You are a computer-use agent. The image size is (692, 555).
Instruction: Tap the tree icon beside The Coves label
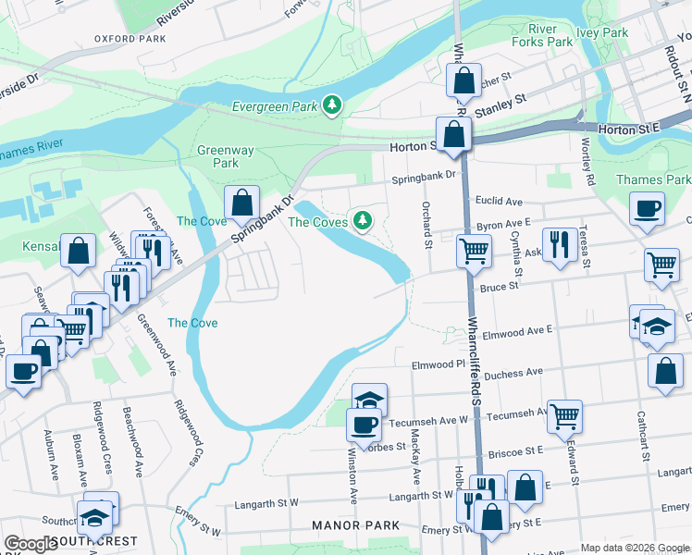click(x=363, y=221)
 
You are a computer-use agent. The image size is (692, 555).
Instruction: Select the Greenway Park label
click(x=218, y=156)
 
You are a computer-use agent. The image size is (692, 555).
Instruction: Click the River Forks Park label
click(x=542, y=35)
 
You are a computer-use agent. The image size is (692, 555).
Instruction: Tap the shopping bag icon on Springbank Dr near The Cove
click(x=241, y=203)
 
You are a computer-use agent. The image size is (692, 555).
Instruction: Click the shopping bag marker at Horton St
click(x=455, y=136)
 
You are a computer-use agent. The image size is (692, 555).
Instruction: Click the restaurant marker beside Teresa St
click(x=559, y=244)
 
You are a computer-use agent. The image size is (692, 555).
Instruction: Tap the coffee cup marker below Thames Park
click(x=647, y=208)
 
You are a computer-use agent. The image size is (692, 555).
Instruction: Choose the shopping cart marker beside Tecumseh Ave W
click(x=564, y=416)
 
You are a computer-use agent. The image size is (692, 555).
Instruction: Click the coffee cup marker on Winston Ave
click(x=364, y=425)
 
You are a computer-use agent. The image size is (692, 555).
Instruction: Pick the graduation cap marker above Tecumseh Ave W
click(x=369, y=400)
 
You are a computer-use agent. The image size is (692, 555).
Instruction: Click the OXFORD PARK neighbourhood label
click(x=129, y=39)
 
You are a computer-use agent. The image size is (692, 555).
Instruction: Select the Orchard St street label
click(x=427, y=226)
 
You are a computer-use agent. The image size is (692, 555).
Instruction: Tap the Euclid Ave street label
click(x=500, y=201)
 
